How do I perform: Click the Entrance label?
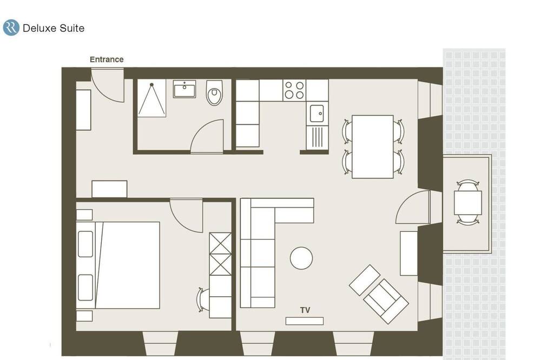[107, 59]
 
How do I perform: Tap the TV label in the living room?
[305, 310]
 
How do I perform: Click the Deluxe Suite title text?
[54, 28]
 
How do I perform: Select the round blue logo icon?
[11, 28]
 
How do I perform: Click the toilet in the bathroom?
[214, 92]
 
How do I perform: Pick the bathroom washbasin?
[184, 89]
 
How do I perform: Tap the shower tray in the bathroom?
[152, 98]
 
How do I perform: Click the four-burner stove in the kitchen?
[294, 90]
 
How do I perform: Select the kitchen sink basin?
[316, 114]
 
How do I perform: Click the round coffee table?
[301, 258]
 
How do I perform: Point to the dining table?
[373, 146]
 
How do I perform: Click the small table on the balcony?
[468, 203]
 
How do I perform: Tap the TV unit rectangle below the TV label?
[304, 321]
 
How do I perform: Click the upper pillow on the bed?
[85, 244]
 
